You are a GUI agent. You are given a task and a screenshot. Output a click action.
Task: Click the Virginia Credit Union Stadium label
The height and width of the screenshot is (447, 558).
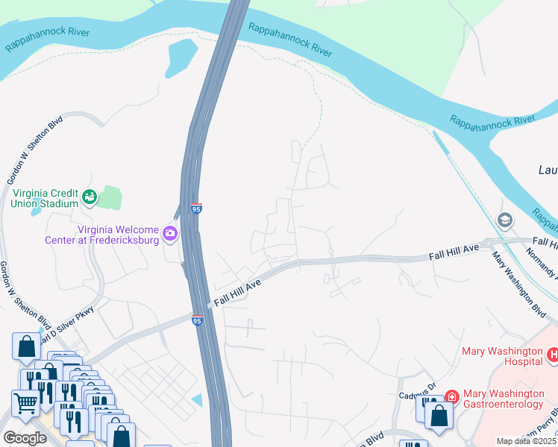point(44,197)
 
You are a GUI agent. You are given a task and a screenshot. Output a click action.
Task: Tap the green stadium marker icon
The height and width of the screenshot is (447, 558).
point(90,197)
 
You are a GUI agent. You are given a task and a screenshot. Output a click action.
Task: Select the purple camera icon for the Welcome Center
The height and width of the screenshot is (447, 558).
point(170,235)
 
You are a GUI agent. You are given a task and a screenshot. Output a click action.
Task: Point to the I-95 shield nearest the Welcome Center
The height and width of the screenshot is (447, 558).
point(196,210)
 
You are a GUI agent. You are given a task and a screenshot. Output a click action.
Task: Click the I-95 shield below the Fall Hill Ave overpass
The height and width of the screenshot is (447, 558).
point(197,320)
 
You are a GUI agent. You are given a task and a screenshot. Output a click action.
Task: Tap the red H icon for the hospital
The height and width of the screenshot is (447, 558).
point(553,355)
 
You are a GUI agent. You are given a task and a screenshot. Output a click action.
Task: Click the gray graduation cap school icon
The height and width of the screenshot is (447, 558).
point(504,221)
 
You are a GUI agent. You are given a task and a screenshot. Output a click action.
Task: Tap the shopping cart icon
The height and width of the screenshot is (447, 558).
point(26,403)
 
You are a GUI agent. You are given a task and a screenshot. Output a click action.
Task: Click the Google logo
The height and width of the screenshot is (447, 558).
point(25,438)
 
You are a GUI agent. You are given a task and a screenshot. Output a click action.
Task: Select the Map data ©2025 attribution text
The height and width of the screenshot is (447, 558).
point(526,441)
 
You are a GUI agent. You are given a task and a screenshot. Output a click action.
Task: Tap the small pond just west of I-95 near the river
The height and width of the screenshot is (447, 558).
point(181,57)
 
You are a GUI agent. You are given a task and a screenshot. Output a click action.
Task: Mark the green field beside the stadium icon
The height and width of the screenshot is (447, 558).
point(109,197)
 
